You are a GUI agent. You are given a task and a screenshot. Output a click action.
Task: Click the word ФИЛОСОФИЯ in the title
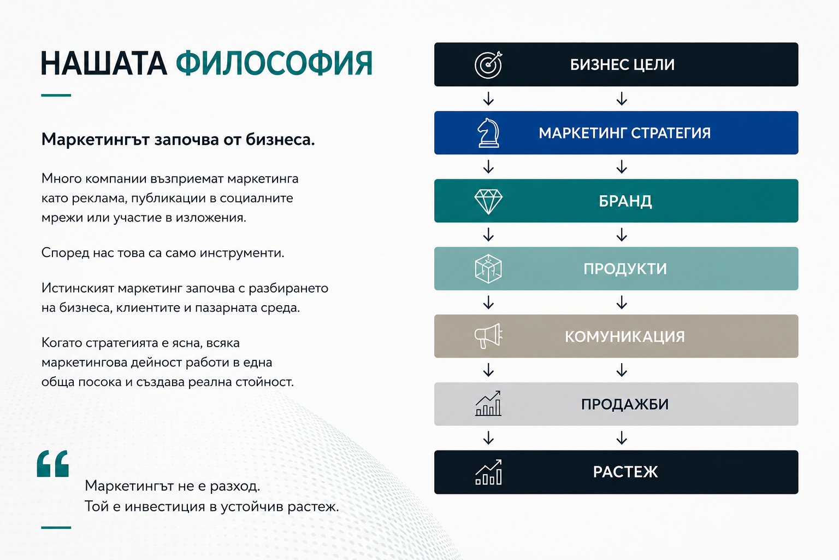tap(274, 63)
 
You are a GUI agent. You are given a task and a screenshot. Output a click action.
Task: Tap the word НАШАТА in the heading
tap(104, 63)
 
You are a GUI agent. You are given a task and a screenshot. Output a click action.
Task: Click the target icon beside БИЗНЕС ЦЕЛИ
tap(488, 65)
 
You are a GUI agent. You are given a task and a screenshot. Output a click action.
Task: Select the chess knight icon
tap(488, 133)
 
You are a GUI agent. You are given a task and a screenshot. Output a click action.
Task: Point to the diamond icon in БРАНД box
tap(488, 201)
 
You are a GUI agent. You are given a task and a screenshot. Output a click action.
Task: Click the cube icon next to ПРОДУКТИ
tap(488, 269)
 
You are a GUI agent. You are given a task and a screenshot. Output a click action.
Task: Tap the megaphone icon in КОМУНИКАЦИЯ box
tap(488, 336)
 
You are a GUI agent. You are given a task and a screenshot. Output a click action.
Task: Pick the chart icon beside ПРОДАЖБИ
tap(488, 404)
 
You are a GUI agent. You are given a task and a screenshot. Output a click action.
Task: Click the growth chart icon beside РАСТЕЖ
tap(488, 472)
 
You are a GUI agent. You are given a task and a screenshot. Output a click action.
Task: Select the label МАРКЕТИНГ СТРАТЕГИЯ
tap(625, 133)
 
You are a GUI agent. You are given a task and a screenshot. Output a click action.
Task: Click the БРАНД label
tap(625, 201)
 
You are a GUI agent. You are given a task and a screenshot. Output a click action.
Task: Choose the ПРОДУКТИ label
tap(625, 269)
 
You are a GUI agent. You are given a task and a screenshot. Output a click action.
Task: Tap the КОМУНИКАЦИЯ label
tap(625, 336)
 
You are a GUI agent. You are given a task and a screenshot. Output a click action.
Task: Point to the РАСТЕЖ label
tap(625, 472)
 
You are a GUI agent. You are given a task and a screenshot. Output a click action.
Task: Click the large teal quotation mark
tap(53, 464)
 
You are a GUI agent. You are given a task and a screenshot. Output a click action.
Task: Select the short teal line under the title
tap(56, 95)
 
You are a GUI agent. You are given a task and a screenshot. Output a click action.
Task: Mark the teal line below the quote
tap(56, 527)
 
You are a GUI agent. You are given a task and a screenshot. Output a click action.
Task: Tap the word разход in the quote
tap(234, 486)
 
